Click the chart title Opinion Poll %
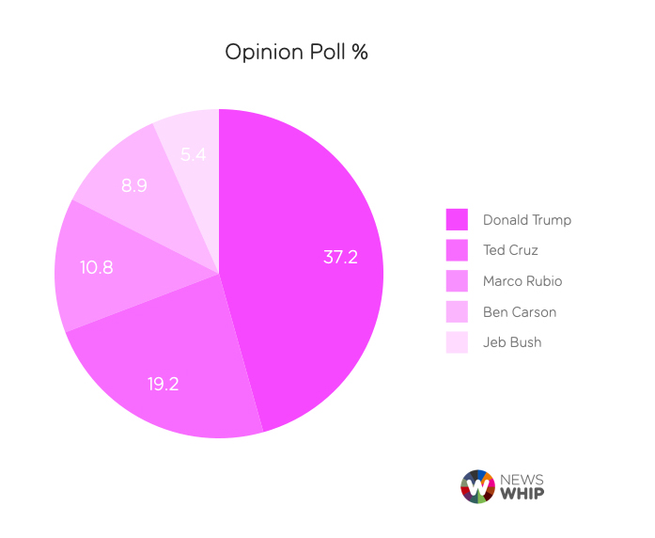[296, 52]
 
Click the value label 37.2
[340, 257]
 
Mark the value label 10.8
[96, 267]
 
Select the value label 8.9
[133, 186]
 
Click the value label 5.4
[193, 154]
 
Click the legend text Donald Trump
[526, 220]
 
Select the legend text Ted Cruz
[510, 250]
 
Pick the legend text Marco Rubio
[522, 281]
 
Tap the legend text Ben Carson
[519, 311]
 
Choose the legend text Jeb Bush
[511, 342]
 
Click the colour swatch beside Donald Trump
[457, 220]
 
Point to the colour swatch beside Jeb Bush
[457, 342]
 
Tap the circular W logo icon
[477, 486]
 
